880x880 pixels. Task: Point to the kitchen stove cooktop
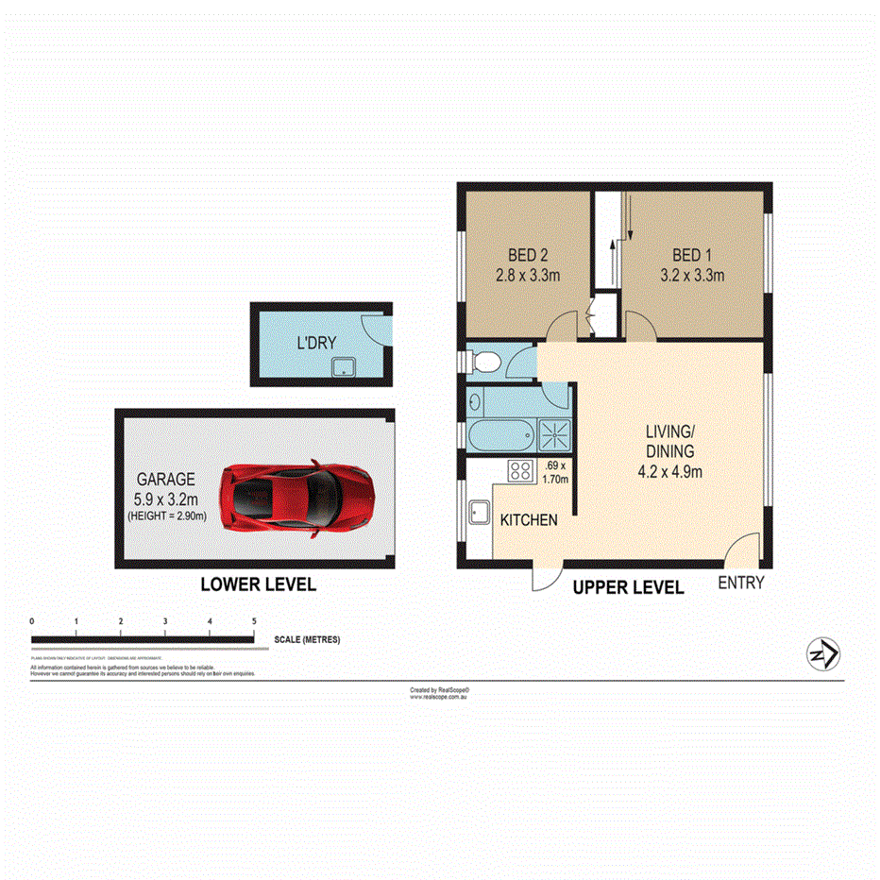click(521, 469)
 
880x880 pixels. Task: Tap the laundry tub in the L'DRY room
click(344, 365)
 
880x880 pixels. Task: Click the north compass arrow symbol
click(824, 654)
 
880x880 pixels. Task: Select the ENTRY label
click(740, 584)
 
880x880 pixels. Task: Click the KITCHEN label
click(528, 520)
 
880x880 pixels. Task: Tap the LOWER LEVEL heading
click(258, 585)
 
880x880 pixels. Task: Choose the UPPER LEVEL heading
click(629, 587)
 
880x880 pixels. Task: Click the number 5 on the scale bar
click(254, 620)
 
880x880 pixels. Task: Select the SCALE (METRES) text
click(307, 639)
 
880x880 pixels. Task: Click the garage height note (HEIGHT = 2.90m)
click(167, 516)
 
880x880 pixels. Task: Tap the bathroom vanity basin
click(476, 403)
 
